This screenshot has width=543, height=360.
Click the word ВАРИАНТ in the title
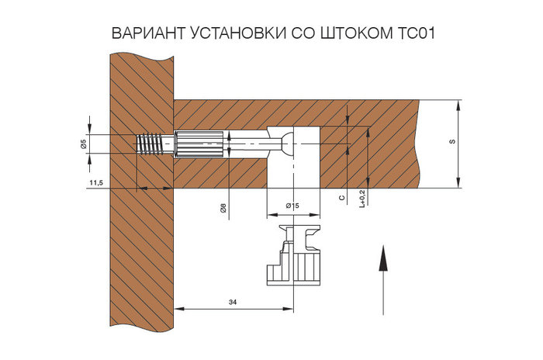pyautogui.click(x=148, y=36)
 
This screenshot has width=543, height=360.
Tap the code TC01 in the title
pyautogui.click(x=413, y=36)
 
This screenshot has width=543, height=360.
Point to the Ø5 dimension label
pyautogui.click(x=82, y=144)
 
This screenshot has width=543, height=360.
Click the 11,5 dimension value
pyautogui.click(x=96, y=182)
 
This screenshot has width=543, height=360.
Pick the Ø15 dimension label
pyautogui.click(x=292, y=206)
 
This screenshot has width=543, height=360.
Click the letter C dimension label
pyautogui.click(x=343, y=199)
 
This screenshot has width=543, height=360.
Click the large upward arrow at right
pyautogui.click(x=382, y=279)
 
